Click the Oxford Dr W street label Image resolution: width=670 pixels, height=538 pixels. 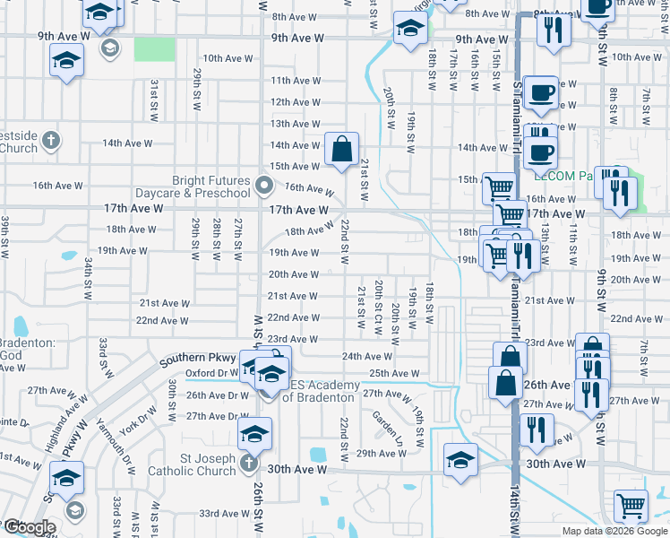[208, 374]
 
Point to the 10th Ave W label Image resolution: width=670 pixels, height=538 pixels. [228, 58]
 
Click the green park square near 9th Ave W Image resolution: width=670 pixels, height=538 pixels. [155, 49]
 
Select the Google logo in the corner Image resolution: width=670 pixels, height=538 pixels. [29, 527]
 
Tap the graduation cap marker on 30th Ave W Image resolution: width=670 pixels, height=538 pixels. [460, 460]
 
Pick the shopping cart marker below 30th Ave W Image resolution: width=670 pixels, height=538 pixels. [631, 506]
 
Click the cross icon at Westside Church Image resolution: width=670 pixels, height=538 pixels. [52, 141]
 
